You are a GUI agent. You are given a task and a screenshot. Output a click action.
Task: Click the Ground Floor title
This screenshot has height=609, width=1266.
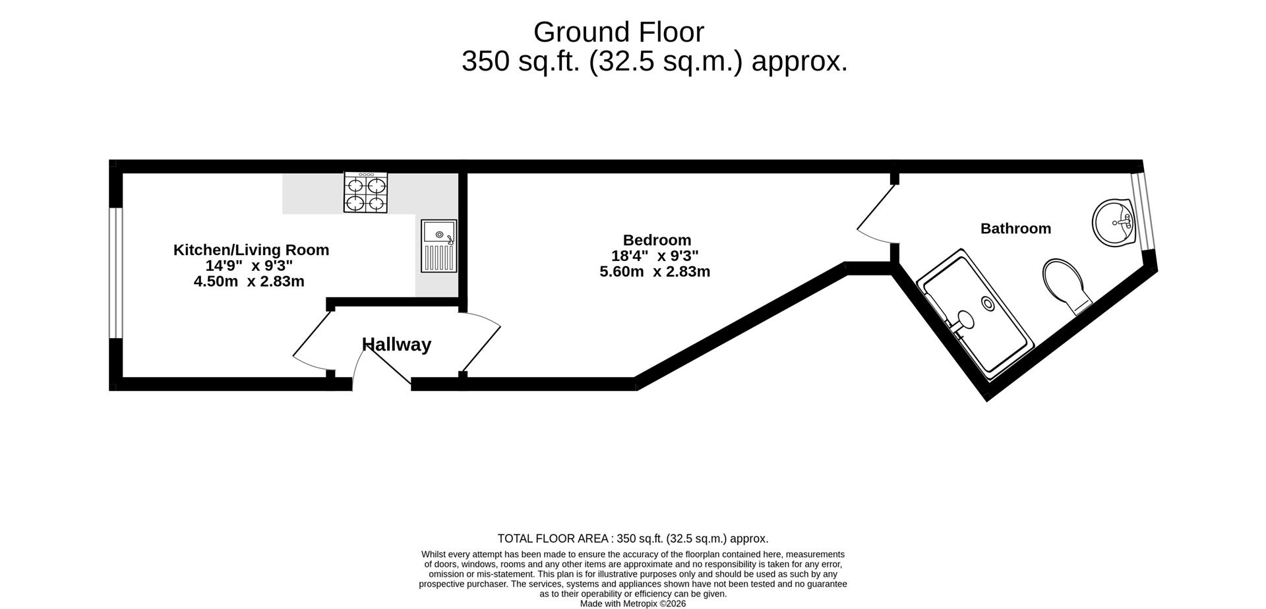(x=618, y=32)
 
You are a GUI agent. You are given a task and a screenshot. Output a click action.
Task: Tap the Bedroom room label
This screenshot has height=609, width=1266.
(x=657, y=240)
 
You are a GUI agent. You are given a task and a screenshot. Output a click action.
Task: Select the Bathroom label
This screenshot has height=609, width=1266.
(x=1015, y=229)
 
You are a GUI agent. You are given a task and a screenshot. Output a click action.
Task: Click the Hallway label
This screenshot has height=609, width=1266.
(x=396, y=344)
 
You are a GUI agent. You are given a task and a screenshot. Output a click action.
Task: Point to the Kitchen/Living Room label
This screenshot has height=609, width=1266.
(x=251, y=250)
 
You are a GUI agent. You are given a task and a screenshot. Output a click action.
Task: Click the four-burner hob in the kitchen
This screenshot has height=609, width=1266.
(x=365, y=192)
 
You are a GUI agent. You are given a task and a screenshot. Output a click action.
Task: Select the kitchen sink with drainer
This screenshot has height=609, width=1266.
(x=438, y=246)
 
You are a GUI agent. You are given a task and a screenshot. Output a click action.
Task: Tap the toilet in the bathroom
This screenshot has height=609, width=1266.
(x=1066, y=285)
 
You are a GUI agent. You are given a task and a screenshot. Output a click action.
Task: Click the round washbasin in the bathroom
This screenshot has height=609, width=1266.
(x=1112, y=222)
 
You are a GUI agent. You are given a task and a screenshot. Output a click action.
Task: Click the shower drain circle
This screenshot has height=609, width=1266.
(x=988, y=303)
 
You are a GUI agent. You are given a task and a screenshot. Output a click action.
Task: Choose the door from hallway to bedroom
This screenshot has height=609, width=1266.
(x=480, y=343)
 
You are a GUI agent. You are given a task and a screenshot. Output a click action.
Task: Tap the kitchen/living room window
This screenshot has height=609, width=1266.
(x=116, y=273)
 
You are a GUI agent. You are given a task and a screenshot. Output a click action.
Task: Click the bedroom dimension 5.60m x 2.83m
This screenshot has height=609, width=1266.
(x=654, y=272)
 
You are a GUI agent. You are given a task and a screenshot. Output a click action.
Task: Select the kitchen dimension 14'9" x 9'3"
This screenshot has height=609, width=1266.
(x=249, y=266)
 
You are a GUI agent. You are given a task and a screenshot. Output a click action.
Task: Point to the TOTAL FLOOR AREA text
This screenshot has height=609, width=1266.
(x=632, y=538)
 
